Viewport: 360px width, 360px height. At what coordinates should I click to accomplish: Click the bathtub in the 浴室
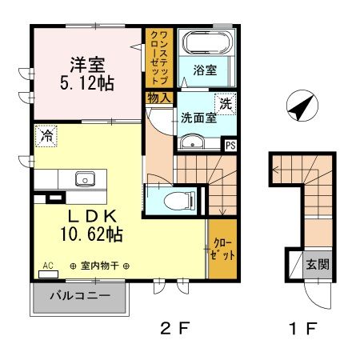pos(207,42)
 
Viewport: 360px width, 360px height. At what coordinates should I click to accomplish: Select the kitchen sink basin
pos(85,178)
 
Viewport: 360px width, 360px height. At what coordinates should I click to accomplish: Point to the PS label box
pos(230,146)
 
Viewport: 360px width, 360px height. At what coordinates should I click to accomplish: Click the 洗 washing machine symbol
pos(226,104)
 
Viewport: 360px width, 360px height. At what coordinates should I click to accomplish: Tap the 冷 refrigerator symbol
pos(46,136)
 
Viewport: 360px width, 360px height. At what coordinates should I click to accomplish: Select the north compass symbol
pos(302,106)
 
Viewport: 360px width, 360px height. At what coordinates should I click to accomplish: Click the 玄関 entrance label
pos(318,265)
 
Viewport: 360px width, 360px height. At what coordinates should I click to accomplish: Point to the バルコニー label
pos(80,296)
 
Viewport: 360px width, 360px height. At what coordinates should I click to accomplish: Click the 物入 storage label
pos(159,98)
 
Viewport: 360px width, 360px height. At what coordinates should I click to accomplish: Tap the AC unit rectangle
pos(49,274)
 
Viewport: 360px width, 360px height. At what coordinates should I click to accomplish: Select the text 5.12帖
pos(87,83)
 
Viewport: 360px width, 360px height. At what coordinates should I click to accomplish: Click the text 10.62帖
pos(92,234)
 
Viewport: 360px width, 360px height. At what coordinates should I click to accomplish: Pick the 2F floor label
pos(175,328)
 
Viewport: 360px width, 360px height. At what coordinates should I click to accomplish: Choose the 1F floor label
pos(303,328)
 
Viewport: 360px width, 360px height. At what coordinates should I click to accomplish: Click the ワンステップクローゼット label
pos(159,58)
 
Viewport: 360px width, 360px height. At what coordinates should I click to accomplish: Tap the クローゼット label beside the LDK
pos(222,249)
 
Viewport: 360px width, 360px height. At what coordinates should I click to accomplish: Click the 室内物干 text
pos(99,266)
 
